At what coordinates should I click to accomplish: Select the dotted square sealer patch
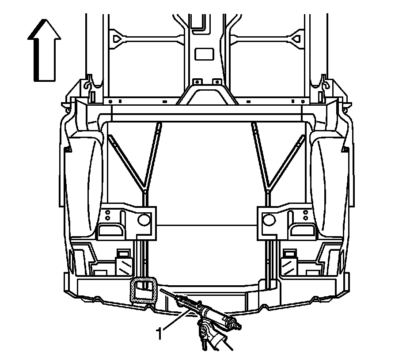click(144, 290)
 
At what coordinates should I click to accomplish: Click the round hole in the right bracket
click(268, 218)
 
